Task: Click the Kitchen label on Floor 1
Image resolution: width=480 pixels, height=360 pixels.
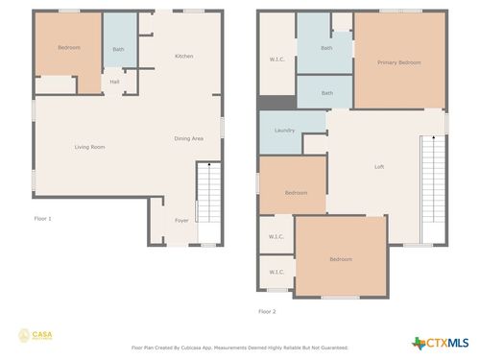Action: click(x=183, y=57)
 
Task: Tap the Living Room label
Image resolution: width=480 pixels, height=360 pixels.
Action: click(x=90, y=147)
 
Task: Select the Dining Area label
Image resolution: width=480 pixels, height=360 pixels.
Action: click(x=188, y=139)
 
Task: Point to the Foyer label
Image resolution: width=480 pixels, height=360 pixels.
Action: click(x=181, y=221)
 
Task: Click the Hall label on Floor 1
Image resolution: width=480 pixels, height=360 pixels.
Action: click(x=114, y=82)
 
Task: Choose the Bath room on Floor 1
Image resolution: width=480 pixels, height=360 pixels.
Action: click(x=118, y=49)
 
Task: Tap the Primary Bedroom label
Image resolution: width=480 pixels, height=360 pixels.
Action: click(x=398, y=62)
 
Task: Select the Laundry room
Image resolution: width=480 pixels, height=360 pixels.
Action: click(x=283, y=131)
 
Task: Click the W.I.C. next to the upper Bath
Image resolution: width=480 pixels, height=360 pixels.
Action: click(x=276, y=60)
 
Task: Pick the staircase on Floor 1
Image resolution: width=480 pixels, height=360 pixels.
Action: click(x=206, y=192)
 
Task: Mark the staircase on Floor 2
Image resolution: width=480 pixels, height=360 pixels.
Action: click(x=434, y=187)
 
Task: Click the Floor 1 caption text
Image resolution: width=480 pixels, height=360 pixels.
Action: click(x=43, y=219)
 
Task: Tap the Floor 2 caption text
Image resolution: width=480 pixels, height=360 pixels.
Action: click(x=267, y=311)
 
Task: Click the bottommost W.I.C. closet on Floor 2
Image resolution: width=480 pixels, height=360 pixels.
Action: click(x=276, y=272)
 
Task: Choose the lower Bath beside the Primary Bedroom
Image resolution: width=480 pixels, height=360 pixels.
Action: click(x=326, y=93)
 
